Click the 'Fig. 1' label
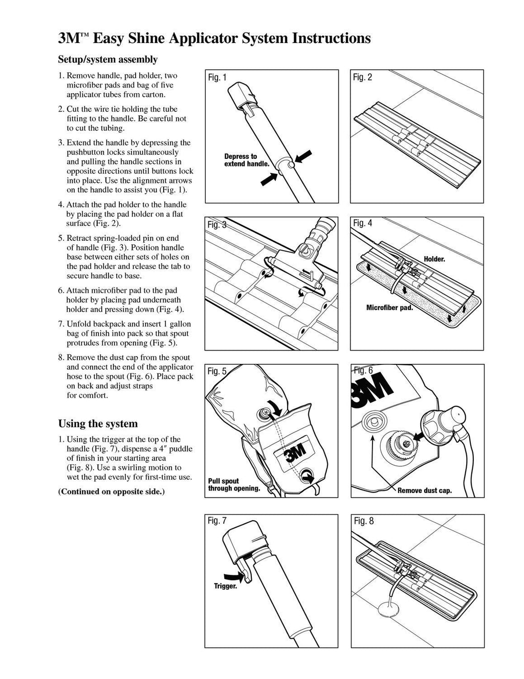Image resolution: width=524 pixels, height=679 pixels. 217,77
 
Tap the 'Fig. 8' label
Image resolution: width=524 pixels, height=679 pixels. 364,521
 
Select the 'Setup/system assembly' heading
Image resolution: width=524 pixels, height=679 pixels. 107,59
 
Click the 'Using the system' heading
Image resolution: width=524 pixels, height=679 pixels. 98,424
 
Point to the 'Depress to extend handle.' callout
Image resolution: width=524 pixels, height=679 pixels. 247,160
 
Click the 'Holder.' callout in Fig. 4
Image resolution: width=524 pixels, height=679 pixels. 434,259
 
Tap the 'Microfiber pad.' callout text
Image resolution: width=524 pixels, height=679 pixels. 389,308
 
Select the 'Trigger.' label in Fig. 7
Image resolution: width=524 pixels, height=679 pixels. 226,586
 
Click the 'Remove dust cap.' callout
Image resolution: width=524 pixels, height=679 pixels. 425,490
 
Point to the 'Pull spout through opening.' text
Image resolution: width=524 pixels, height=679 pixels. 234,485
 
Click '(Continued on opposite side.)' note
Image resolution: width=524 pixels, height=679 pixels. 112,491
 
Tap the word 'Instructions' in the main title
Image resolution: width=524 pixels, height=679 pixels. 331,38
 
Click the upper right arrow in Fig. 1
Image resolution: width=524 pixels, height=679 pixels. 303,156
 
